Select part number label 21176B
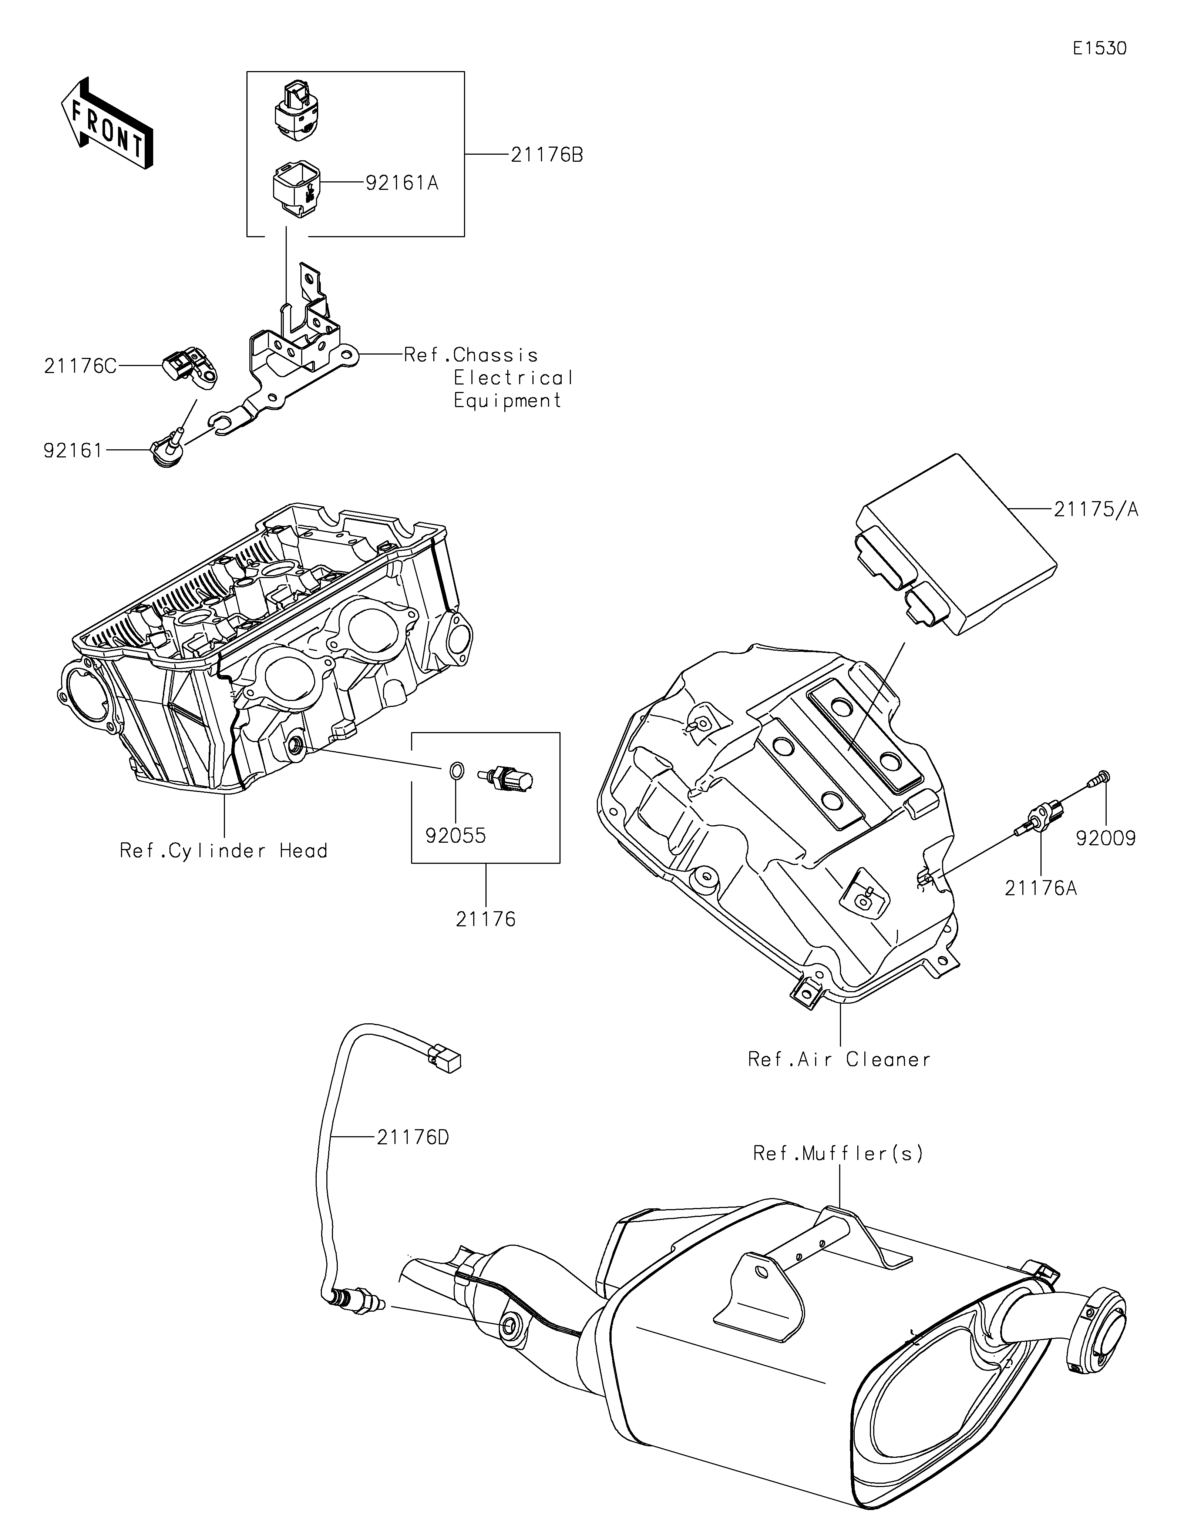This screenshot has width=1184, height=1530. click(546, 155)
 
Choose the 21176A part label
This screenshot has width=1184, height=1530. click(1040, 888)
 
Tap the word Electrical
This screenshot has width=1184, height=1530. click(513, 378)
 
